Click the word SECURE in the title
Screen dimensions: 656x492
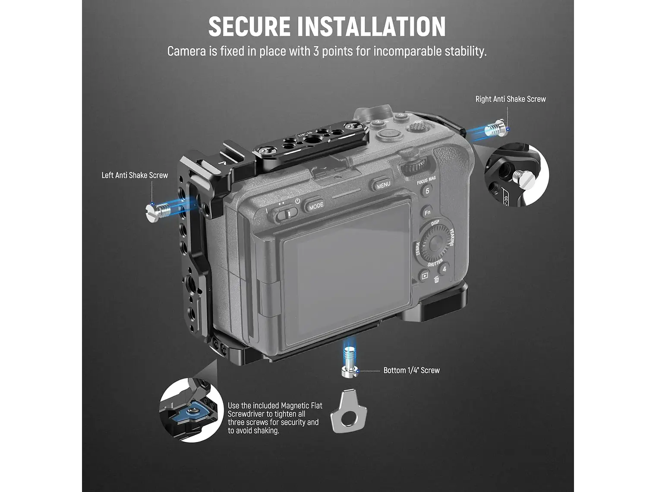click(249, 26)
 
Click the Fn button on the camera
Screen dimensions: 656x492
click(427, 212)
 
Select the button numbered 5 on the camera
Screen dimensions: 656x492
click(427, 191)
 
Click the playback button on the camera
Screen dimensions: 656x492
click(424, 276)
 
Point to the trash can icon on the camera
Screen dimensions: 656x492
click(436, 280)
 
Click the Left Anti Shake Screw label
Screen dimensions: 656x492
click(135, 175)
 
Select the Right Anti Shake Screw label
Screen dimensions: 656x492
click(511, 99)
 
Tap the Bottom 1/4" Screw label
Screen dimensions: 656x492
click(412, 370)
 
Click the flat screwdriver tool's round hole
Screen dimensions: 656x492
click(348, 419)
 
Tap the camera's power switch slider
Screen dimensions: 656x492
click(286, 214)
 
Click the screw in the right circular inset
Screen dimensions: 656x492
click(520, 178)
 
